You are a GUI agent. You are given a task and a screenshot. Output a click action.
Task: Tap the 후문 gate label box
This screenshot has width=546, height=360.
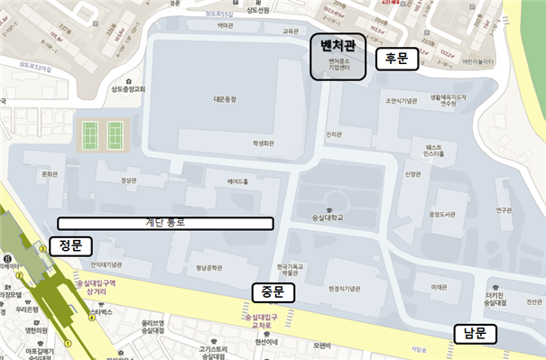tap(397, 59)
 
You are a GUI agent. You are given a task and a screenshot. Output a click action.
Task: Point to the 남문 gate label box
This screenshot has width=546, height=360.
tap(475, 334)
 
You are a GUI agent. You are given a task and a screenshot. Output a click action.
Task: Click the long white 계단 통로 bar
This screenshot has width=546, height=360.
tap(166, 222)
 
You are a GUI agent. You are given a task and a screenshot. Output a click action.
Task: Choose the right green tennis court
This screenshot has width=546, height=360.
tap(115, 136)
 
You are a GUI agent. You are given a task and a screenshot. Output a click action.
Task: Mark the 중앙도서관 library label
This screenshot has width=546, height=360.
tap(444, 215)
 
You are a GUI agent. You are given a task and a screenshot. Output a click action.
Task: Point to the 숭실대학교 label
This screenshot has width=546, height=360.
tap(330, 218)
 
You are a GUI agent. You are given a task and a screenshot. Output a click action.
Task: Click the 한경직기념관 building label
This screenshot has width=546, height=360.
tap(344, 289)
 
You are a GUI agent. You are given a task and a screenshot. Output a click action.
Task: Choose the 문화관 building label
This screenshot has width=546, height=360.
tap(50, 174)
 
